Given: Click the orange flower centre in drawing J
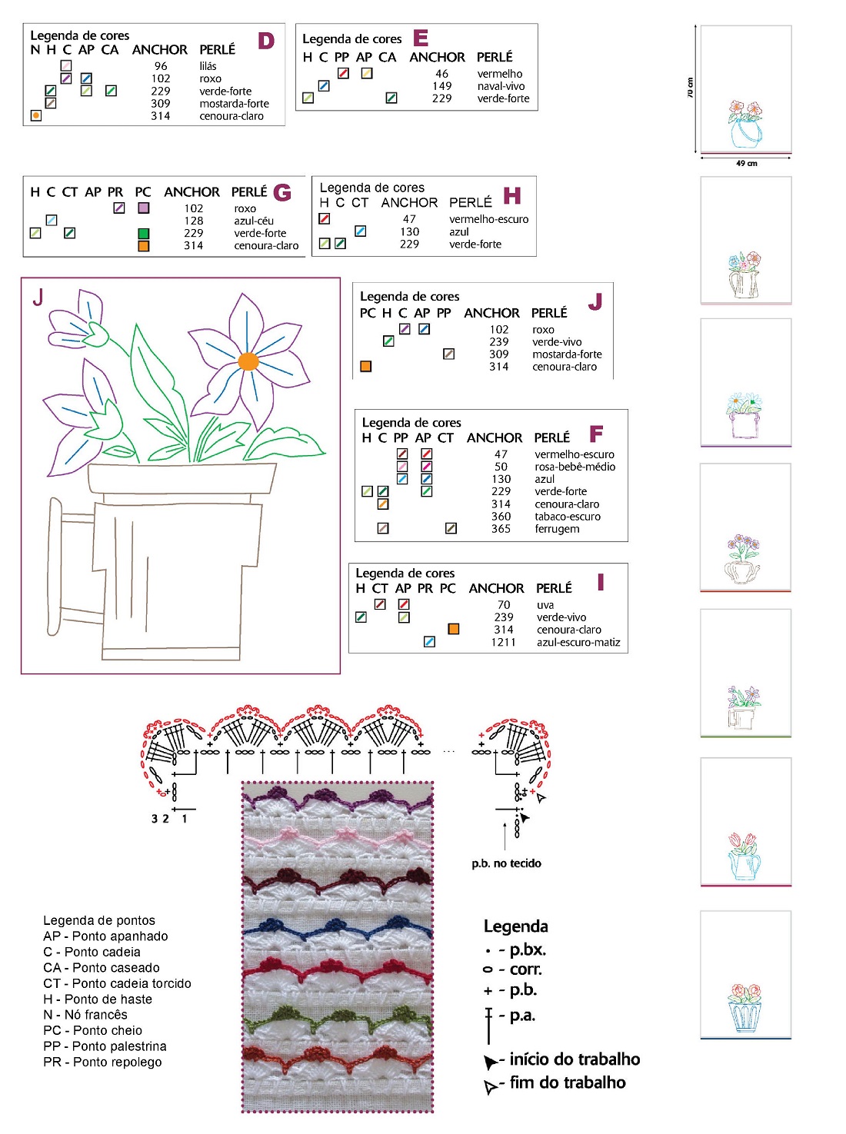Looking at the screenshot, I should (x=248, y=361).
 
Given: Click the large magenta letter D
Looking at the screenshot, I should (x=266, y=41).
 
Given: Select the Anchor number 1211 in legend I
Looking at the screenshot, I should (x=504, y=642).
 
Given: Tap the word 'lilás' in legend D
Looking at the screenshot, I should (x=208, y=66).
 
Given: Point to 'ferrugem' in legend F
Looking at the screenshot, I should (x=557, y=529).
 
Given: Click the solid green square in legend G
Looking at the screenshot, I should (x=143, y=233).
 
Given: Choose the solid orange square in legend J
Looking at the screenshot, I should (x=366, y=367).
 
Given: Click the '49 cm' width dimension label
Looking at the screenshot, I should (x=746, y=163).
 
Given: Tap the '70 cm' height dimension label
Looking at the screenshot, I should (x=690, y=88).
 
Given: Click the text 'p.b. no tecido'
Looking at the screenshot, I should (x=506, y=863).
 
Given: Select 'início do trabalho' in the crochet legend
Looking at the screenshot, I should (x=574, y=1059).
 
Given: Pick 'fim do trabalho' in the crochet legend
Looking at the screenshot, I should (x=567, y=1082).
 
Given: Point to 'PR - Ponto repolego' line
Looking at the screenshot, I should (x=102, y=1062).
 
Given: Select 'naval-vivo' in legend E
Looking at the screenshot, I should (x=501, y=86).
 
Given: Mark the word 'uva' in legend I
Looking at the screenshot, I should (x=545, y=605).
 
